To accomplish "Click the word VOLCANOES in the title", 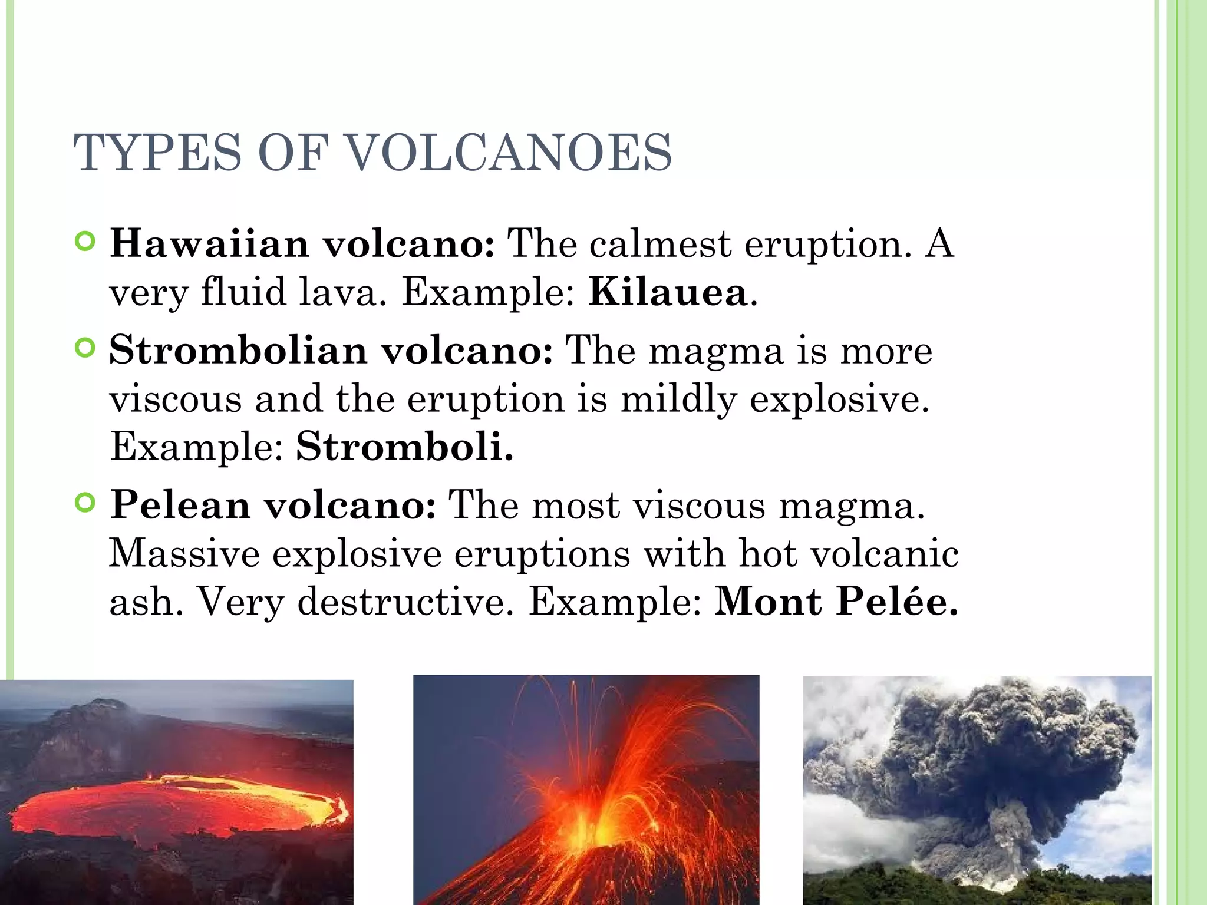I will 507,153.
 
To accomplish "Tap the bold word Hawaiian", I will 209,243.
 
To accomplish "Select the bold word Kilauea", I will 668,292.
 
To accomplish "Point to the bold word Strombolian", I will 238,350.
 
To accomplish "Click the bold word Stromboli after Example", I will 404,447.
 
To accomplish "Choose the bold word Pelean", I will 180,505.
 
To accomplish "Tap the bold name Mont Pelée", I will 836,602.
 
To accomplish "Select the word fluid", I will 243,292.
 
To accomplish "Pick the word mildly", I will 678,399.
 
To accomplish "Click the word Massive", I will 184,554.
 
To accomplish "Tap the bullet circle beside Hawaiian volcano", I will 86,242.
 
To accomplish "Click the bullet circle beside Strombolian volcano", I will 86,348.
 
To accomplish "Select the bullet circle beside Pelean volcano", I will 86,503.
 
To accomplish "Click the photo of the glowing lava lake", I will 176,792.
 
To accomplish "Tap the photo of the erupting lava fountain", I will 586,790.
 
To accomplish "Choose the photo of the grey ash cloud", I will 977,790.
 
